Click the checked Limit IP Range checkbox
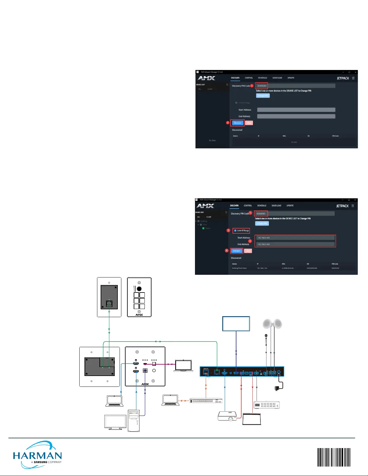point(235,231)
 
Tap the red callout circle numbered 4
point(227,250)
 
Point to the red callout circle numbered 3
point(250,241)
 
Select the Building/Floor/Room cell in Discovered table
point(239,268)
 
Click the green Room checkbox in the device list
point(203,228)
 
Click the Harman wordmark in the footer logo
point(38,456)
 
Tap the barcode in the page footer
point(334,457)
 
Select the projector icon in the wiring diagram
point(227,416)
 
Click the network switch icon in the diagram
point(206,401)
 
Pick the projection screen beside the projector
point(252,419)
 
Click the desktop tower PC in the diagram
point(134,420)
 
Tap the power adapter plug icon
point(277,388)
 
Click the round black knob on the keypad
point(139,289)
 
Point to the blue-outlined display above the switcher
point(236,324)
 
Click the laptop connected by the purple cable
point(184,365)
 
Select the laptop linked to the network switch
point(170,400)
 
